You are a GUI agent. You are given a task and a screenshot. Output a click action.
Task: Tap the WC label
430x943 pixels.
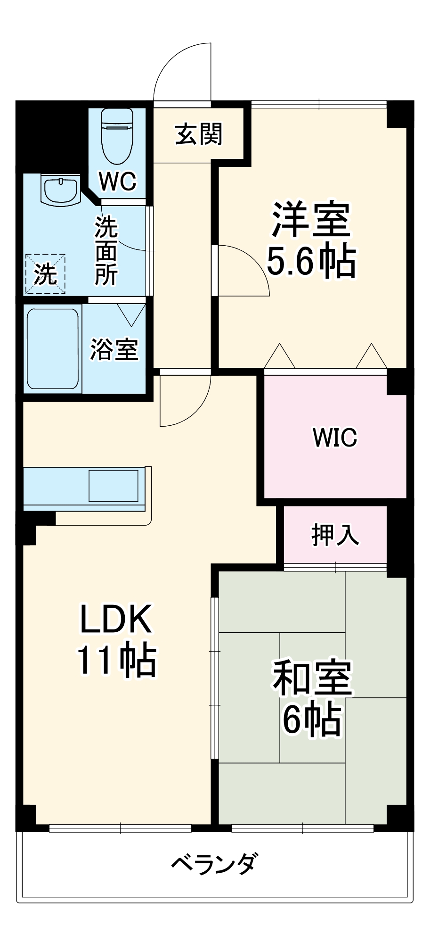[117, 181]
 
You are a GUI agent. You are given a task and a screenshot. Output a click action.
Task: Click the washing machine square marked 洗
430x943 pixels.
[45, 274]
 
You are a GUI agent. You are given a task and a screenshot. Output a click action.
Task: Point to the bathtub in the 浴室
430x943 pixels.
[52, 348]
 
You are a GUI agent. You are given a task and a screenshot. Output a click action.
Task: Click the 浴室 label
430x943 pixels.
[114, 349]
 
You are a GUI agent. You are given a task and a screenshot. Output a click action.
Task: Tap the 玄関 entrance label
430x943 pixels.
[199, 134]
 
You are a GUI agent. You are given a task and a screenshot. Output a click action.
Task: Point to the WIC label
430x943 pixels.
[335, 438]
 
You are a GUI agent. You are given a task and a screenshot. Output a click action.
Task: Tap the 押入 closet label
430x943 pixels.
[335, 535]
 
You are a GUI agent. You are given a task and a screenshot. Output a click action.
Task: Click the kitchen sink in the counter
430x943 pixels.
[114, 486]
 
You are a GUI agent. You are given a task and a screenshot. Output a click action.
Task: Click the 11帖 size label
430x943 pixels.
[116, 660]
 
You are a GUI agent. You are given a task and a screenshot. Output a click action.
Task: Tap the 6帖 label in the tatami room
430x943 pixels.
[312, 720]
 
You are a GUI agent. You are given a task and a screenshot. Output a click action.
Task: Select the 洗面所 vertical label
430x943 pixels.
[106, 252]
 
